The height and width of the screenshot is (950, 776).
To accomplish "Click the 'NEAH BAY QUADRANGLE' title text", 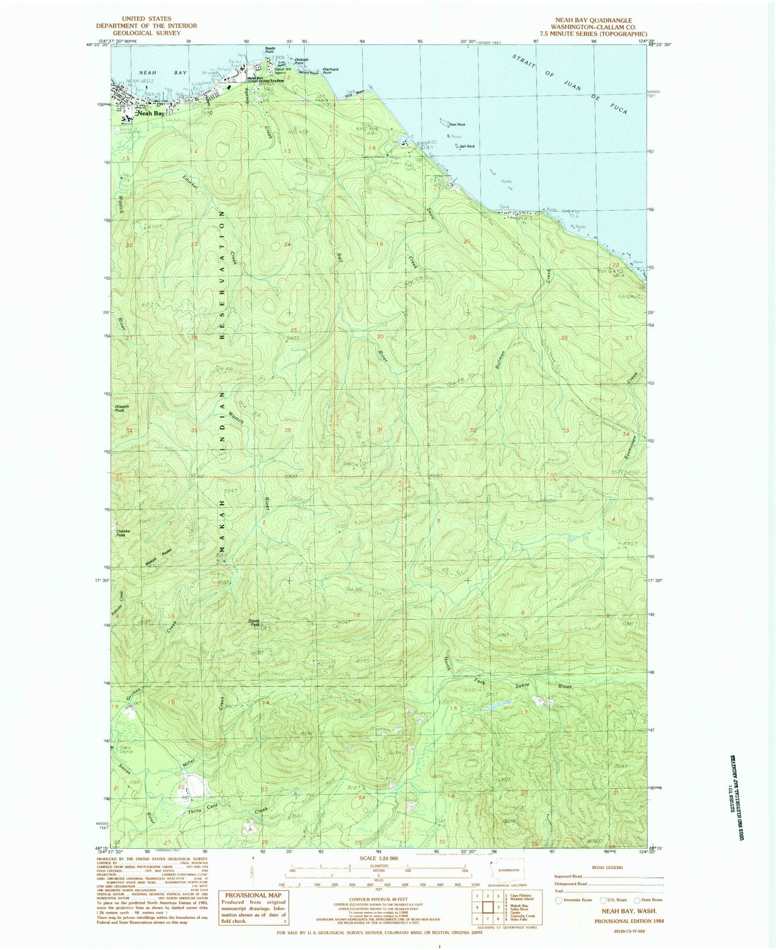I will (x=593, y=20).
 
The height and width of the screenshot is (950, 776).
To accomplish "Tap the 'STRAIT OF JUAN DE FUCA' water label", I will (x=569, y=88).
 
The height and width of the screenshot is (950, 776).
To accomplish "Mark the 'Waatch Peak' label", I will (x=122, y=408).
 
